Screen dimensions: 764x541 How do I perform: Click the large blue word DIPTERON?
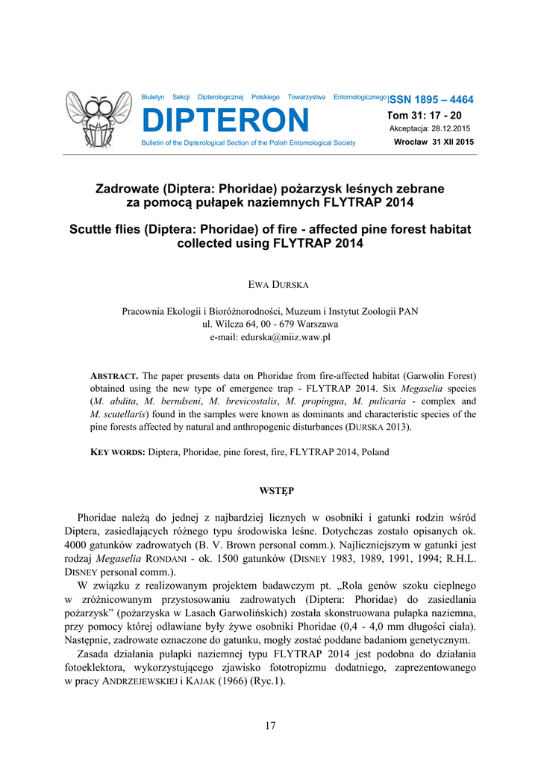click(225, 120)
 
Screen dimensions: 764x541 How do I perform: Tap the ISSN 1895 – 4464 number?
click(432, 100)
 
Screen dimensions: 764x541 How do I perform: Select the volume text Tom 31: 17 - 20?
click(425, 116)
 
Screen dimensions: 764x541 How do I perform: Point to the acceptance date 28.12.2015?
click(445, 128)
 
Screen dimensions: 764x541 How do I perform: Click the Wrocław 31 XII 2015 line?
click(434, 142)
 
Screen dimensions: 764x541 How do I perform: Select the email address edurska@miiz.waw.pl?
click(270, 337)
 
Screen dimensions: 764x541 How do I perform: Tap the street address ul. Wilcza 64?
click(237, 325)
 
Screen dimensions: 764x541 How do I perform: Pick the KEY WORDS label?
click(117, 452)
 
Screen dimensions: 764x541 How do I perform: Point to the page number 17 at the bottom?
click(270, 726)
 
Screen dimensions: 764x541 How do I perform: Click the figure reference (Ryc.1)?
click(265, 680)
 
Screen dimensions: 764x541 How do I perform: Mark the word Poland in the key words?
click(375, 452)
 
